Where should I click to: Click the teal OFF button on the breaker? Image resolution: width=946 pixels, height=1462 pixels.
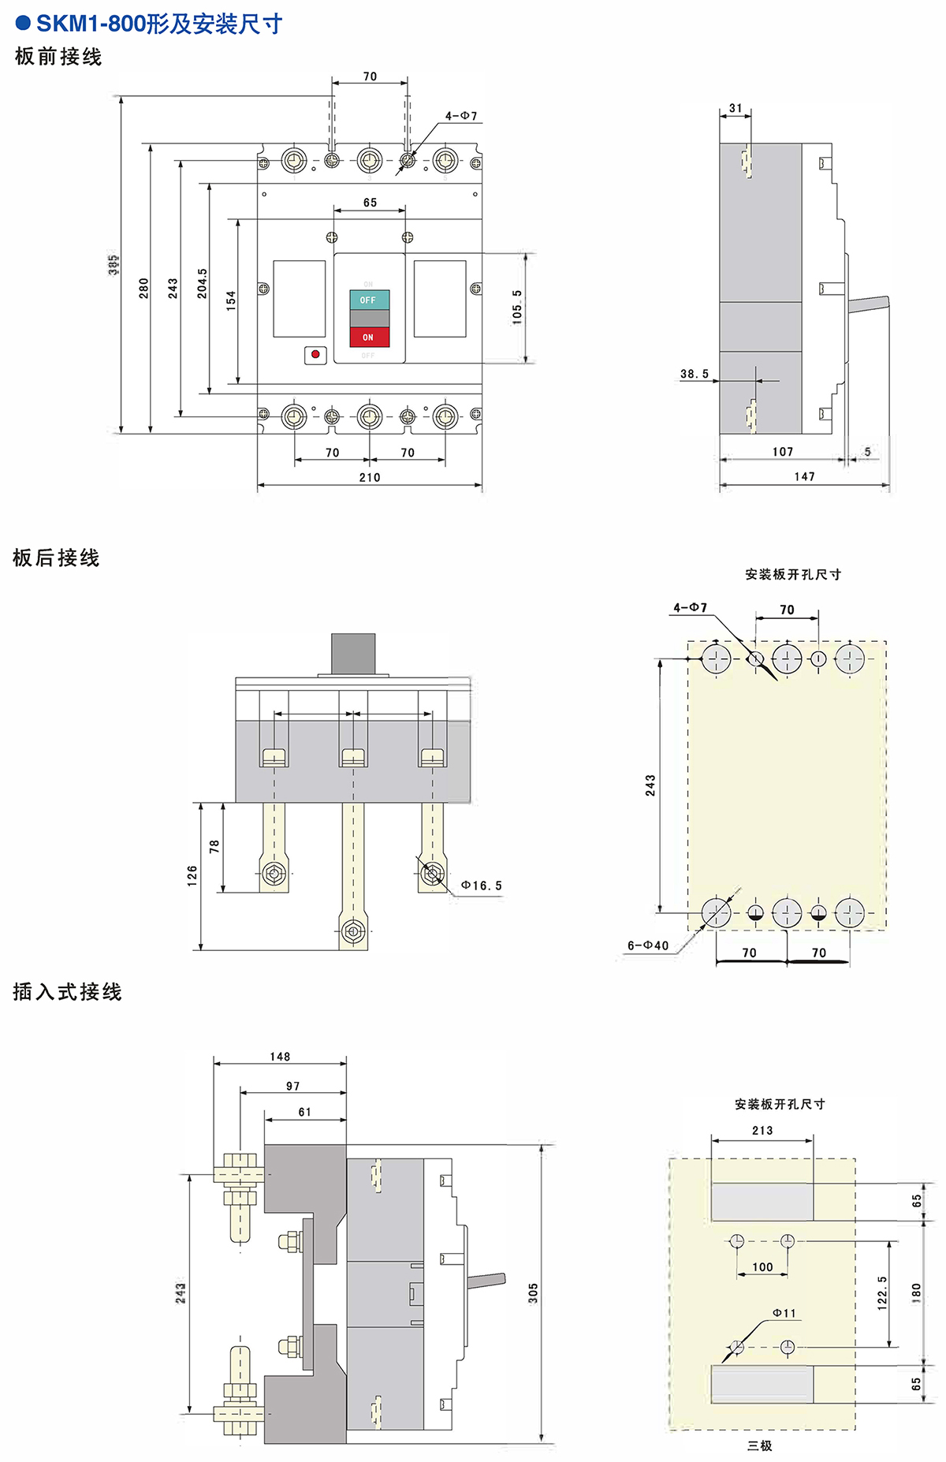point(369,300)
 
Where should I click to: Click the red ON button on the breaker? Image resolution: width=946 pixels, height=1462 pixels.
point(369,337)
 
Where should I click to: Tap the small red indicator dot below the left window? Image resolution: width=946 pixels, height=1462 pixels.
point(315,354)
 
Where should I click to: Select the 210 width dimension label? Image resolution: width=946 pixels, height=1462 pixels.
point(370,477)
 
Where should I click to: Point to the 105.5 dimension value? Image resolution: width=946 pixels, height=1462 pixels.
point(517,306)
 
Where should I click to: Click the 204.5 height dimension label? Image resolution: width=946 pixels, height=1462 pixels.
point(203,284)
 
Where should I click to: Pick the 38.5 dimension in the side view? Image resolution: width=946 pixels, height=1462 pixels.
point(695,374)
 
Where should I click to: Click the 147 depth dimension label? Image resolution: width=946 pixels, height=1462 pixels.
point(804,476)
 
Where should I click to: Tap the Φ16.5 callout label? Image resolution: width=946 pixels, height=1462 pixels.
point(482,886)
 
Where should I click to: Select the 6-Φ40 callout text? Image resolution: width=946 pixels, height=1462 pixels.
point(648,945)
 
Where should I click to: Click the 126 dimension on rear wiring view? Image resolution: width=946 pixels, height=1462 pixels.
point(192,875)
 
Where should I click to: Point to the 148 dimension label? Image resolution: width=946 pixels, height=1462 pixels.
point(280,1057)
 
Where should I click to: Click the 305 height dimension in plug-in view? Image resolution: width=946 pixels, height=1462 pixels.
point(533,1292)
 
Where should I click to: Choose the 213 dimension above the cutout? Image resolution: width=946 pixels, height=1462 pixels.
point(762,1130)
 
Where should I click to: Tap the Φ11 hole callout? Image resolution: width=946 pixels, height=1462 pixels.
point(784,1313)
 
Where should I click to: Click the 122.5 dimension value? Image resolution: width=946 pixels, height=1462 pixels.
point(882,1293)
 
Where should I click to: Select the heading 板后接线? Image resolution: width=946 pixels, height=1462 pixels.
point(56,558)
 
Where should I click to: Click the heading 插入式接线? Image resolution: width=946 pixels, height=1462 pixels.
point(67,991)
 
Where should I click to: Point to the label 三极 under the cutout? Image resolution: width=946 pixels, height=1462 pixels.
point(760,1445)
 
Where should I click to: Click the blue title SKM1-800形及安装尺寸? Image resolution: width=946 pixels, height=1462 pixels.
point(158,24)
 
